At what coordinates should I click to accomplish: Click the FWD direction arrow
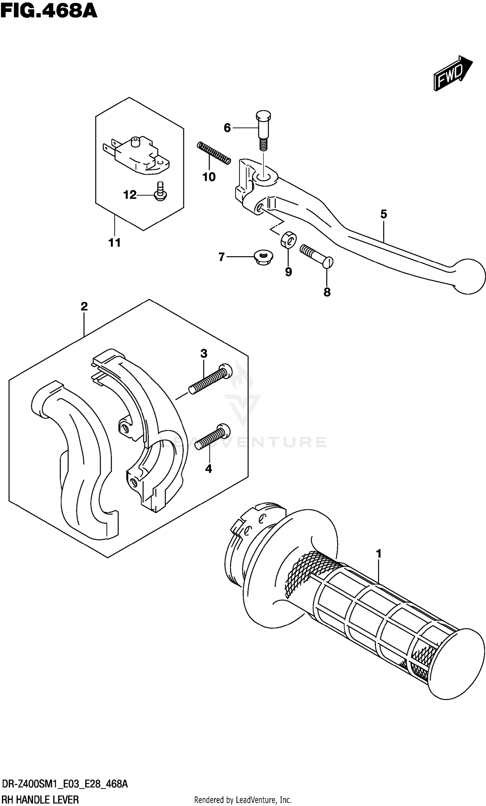point(453,73)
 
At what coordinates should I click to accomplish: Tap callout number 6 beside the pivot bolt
point(227,128)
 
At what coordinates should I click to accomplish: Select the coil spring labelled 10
point(214,153)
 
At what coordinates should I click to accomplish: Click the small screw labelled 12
point(160,192)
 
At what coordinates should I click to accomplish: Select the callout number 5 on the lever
point(384,214)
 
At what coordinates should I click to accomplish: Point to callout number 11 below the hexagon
point(115,243)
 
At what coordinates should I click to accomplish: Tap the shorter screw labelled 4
point(212,437)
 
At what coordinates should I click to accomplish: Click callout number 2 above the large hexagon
point(84,306)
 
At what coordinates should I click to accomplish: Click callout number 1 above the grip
point(379,554)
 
